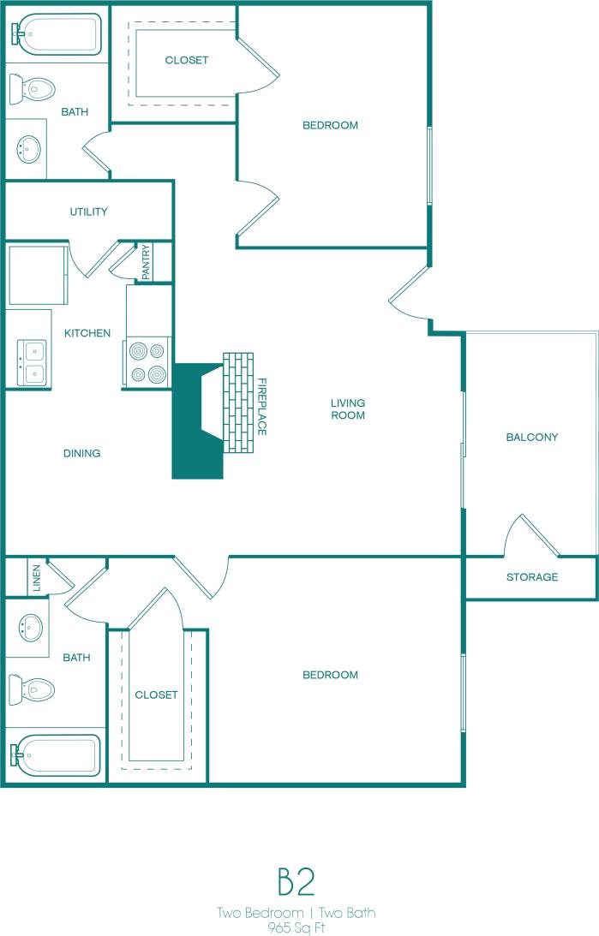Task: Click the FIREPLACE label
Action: (262, 406)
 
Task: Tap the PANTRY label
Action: (146, 263)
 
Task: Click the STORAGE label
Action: (531, 577)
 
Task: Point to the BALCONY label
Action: (531, 437)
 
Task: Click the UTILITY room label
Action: (89, 212)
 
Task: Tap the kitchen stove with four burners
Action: (147, 362)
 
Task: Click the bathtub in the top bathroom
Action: (55, 33)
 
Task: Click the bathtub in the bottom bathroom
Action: (55, 756)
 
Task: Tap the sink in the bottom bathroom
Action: (30, 628)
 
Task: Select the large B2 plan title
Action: (297, 882)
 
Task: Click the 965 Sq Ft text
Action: (297, 927)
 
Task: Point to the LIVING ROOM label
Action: (348, 409)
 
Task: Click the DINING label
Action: (81, 453)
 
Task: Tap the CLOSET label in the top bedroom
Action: (187, 60)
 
